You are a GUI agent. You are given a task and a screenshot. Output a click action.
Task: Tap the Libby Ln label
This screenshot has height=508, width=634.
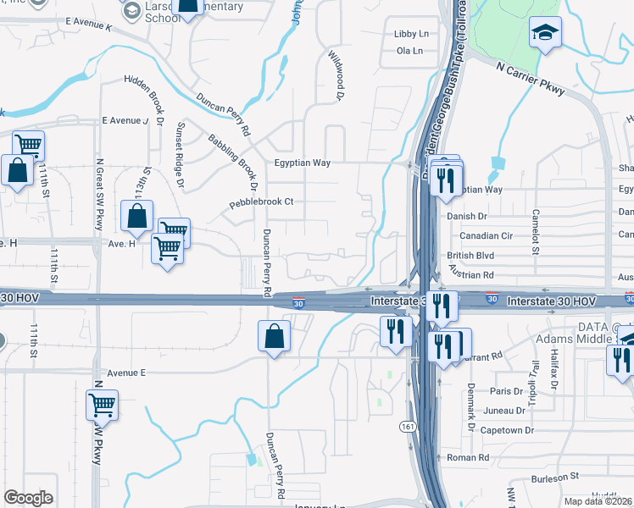[411, 34]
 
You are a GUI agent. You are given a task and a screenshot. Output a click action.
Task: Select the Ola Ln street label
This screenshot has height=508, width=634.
[409, 51]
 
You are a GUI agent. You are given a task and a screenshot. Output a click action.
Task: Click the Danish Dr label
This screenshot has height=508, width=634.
[466, 217]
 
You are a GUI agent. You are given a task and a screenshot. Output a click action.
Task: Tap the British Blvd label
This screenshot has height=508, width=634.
[469, 256]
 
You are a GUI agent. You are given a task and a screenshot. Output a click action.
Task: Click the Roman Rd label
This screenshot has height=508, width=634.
[469, 457]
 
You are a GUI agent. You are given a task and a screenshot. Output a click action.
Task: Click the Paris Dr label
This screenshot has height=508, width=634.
[507, 391]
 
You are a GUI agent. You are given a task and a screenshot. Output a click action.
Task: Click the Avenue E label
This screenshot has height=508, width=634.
[127, 373]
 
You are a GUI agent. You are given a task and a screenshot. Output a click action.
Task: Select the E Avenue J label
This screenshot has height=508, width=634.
[125, 121]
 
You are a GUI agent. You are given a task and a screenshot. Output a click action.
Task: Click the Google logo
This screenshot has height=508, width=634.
[28, 498]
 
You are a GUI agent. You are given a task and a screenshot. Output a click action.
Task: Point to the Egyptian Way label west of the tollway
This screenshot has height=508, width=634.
[302, 163]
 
